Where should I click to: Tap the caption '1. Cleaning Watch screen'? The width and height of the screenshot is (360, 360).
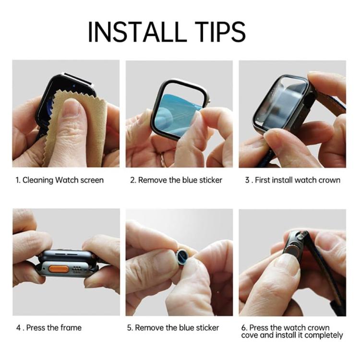tap(59, 180)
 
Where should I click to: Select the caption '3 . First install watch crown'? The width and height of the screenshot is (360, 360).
tap(292, 180)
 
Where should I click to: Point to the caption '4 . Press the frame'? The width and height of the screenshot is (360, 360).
tap(48, 328)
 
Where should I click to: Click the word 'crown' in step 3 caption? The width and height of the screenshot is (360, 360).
tap(329, 180)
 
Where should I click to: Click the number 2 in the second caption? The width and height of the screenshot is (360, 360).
tap(132, 180)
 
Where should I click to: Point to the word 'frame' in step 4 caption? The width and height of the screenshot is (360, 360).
tap(71, 328)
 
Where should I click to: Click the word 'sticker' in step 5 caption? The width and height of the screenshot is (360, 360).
tap(206, 328)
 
